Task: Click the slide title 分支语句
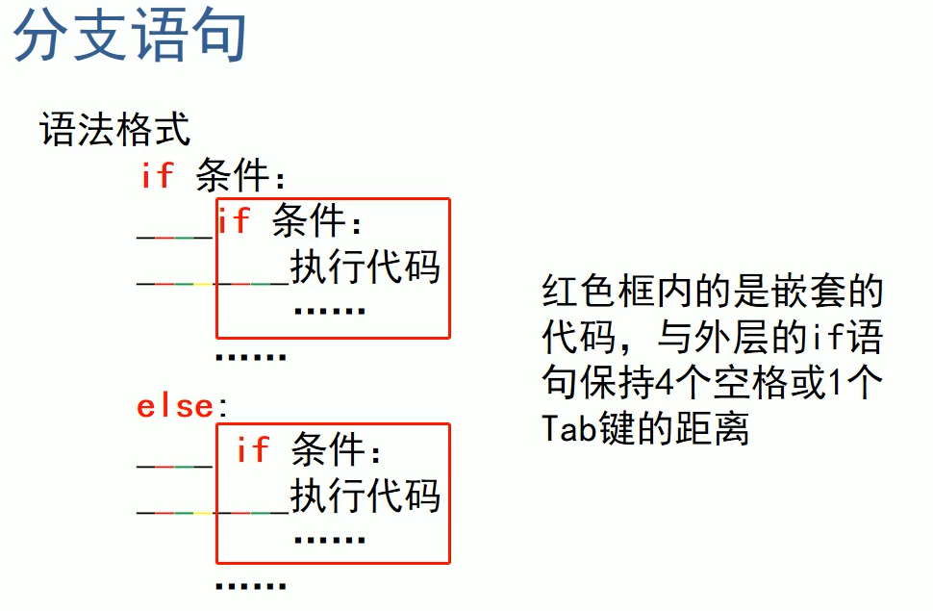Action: coord(130,36)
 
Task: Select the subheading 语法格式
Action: coord(114,129)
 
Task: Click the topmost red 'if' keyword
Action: coord(157,174)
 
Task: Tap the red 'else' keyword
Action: coord(174,406)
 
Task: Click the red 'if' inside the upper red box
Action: coord(234,221)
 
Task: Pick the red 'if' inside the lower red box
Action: coord(252,448)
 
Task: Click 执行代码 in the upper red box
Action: coord(366,267)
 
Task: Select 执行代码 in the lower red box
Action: coord(366,496)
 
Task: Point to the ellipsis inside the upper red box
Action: coord(329,311)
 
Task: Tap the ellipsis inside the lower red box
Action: coord(329,540)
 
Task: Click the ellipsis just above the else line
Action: coord(250,357)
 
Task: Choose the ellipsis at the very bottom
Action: coord(250,585)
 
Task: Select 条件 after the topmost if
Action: coord(232,176)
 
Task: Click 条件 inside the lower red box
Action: coord(328,449)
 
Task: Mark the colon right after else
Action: coord(223,407)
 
